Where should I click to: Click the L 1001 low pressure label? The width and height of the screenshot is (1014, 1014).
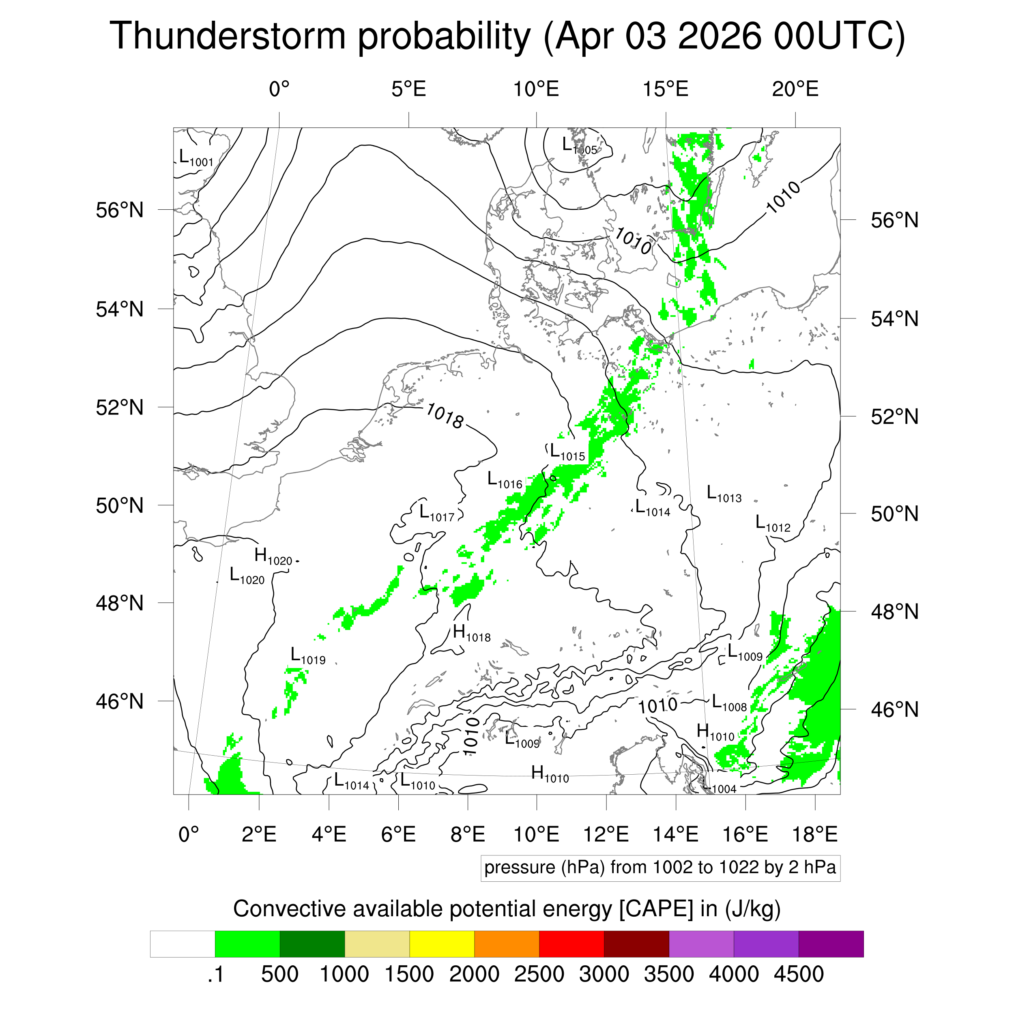196,158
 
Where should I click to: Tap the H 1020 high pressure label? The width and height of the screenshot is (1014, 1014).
273,557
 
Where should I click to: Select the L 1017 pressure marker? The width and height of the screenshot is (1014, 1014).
437,513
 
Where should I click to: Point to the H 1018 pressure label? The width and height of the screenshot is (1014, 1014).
472,634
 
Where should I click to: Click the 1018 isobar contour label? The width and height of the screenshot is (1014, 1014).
445,415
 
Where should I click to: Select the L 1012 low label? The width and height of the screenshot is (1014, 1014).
773,524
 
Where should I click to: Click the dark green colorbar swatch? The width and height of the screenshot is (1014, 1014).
312,944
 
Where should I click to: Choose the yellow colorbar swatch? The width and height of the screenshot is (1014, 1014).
442,944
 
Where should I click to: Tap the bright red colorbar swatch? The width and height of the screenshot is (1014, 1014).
571,944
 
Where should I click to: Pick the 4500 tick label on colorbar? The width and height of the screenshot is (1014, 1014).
799,974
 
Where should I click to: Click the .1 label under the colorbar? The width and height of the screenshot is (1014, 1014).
216,975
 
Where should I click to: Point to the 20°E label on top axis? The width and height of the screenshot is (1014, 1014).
795,89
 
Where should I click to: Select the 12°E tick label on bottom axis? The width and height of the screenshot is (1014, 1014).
606,834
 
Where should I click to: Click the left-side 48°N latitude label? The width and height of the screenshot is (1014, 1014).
120,603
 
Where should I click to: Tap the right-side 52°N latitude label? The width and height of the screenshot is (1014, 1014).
895,417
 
